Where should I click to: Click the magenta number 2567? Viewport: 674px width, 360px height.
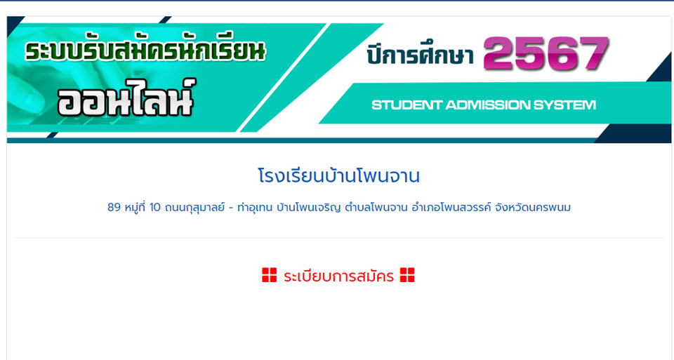[x=546, y=53]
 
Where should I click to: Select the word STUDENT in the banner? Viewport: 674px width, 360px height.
[x=407, y=105]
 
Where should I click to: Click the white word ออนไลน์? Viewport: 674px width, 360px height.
[x=126, y=98]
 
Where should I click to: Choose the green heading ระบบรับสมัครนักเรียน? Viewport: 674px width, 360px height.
[x=145, y=50]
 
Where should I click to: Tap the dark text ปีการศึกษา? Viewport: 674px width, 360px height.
[x=420, y=55]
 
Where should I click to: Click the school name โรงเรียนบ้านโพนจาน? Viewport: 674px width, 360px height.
[x=338, y=177]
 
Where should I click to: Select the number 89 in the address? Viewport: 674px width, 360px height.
[x=114, y=208]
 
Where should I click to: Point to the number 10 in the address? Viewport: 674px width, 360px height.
[x=154, y=208]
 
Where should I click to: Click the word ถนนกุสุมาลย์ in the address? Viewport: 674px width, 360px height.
[x=194, y=208]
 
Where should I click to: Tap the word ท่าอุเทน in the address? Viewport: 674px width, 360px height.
[x=254, y=208]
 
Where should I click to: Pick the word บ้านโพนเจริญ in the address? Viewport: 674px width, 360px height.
[x=309, y=208]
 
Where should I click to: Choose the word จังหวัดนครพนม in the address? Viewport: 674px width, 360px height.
[x=533, y=208]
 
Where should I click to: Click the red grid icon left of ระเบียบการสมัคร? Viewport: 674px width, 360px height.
[x=270, y=275]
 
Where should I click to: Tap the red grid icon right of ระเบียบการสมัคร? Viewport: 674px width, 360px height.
[x=407, y=275]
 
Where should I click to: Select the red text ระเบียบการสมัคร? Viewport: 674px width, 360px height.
[x=338, y=276]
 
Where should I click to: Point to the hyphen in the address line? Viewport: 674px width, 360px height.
[x=231, y=208]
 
